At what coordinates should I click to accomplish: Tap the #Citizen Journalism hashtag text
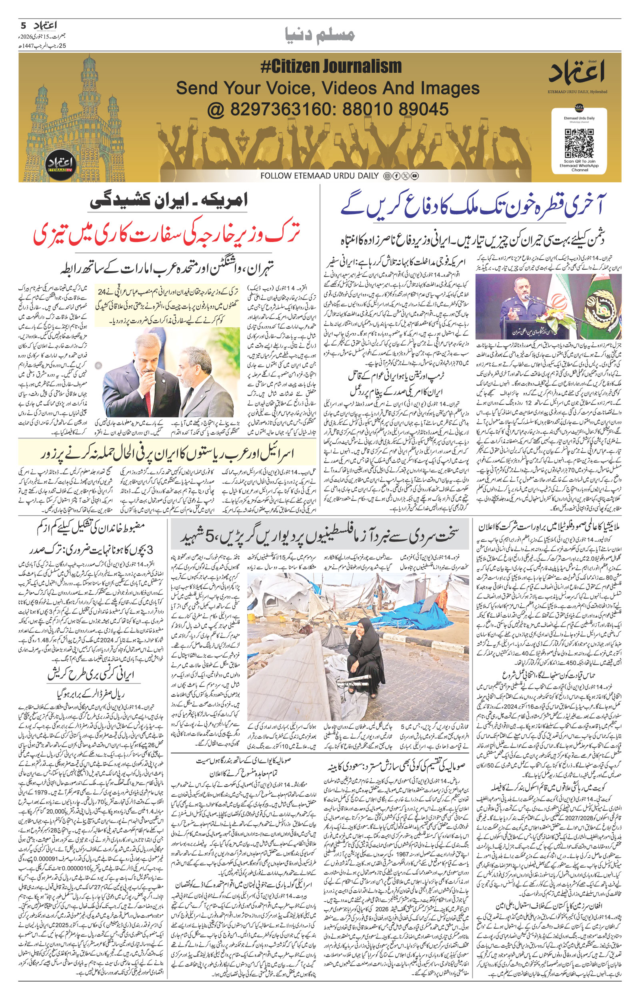point(331,66)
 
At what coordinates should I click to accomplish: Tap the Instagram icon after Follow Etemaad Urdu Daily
point(387,176)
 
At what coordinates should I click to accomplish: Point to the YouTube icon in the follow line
point(414,176)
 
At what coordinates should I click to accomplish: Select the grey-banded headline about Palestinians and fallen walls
point(319,537)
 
